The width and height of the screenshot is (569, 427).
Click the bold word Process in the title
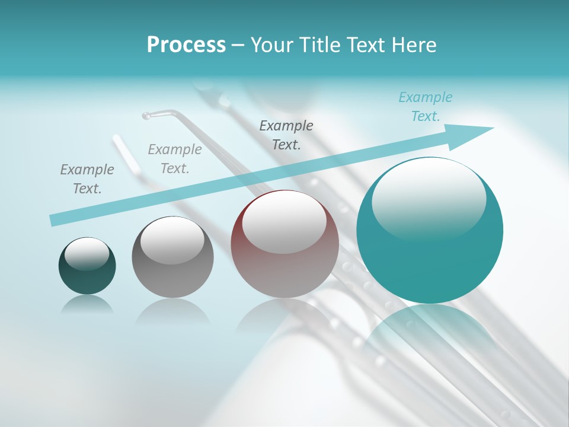coord(186,45)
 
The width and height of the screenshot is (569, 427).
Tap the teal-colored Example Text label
coord(426,107)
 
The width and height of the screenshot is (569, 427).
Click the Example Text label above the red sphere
coord(286,135)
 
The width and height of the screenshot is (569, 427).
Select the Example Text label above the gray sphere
coord(175,159)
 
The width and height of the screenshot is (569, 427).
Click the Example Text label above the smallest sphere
coord(87,179)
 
